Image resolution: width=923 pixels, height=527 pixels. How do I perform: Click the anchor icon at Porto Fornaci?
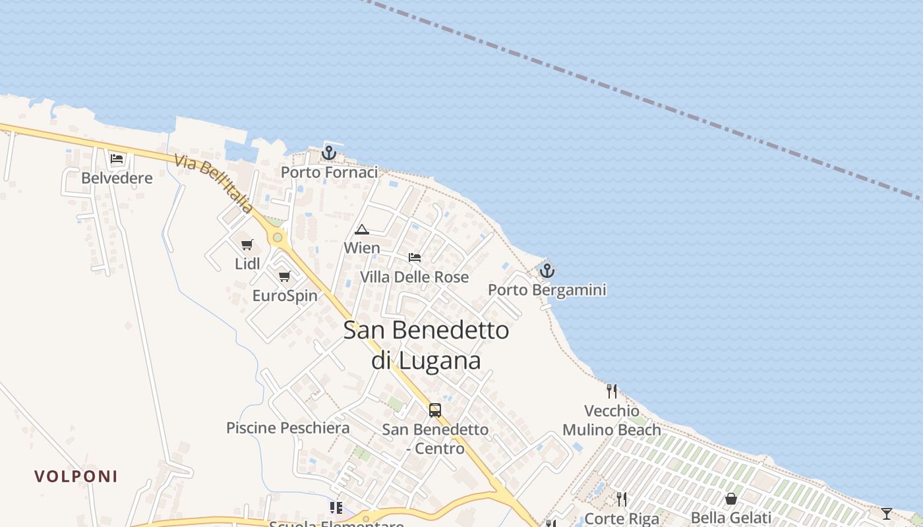[328, 153]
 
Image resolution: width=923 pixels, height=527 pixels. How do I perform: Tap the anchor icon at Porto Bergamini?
[547, 271]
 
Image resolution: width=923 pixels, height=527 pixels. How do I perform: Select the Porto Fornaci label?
[329, 173]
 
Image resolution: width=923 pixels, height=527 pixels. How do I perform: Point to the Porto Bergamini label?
[547, 290]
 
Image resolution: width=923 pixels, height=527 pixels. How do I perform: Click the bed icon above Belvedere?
[117, 159]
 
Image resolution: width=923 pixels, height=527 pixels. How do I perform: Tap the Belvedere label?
[117, 178]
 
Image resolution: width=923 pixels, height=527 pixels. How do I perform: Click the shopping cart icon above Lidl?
[247, 245]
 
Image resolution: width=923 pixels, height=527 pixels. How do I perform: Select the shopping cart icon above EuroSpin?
[284, 276]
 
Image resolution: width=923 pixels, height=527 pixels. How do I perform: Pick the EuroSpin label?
[285, 296]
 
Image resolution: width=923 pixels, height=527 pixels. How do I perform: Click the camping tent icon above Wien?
[361, 229]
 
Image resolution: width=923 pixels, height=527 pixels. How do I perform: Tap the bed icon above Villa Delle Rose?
[414, 258]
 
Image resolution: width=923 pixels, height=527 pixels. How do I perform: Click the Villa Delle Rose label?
[414, 277]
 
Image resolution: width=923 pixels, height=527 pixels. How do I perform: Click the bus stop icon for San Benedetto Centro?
[435, 410]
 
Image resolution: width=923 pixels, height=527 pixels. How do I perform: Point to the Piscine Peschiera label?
[287, 428]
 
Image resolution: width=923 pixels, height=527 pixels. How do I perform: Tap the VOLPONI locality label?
[76, 476]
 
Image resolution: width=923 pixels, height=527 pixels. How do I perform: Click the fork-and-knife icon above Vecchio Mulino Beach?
[612, 391]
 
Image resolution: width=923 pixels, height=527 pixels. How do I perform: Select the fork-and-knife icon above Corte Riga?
[621, 499]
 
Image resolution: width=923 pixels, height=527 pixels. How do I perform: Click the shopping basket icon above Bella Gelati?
[730, 499]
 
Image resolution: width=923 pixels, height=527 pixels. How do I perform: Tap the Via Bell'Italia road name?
[214, 184]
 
